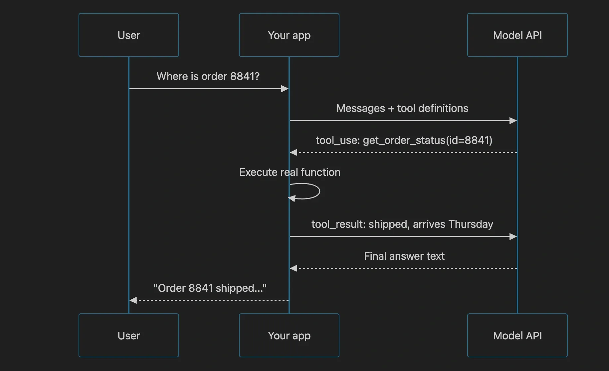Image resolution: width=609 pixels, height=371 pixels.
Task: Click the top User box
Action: [x=129, y=35]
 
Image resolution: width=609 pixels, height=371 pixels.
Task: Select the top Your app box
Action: [x=289, y=35]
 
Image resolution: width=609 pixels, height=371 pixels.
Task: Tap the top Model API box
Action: [x=517, y=35]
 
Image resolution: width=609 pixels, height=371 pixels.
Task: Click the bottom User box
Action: [x=129, y=335]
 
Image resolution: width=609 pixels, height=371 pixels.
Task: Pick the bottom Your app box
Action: [x=289, y=335]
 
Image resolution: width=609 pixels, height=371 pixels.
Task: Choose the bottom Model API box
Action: [x=517, y=335]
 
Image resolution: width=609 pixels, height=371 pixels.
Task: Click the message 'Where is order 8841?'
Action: [x=208, y=76]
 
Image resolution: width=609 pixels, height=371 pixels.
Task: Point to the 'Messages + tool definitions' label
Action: [x=402, y=108]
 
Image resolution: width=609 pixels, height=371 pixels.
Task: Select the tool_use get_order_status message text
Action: [x=404, y=140]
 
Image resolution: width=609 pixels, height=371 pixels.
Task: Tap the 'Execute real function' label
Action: [x=290, y=172]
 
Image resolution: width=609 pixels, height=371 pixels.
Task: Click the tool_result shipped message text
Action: [x=402, y=224]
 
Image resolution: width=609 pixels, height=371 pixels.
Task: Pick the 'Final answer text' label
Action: [x=404, y=256]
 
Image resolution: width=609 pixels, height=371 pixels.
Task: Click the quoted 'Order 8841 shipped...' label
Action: [x=210, y=288]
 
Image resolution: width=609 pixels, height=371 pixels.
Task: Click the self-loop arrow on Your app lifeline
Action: [x=319, y=191]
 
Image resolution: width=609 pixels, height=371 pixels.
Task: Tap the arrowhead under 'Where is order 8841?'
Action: [x=285, y=89]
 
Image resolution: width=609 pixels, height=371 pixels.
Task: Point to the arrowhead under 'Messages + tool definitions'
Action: [x=513, y=121]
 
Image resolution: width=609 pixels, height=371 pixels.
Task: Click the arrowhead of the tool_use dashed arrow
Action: [x=294, y=153]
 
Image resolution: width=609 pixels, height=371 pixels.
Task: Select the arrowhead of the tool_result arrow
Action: [x=513, y=236]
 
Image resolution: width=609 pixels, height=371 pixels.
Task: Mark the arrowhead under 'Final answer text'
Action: [x=294, y=268]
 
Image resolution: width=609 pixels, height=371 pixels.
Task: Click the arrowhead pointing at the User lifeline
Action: [x=133, y=300]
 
